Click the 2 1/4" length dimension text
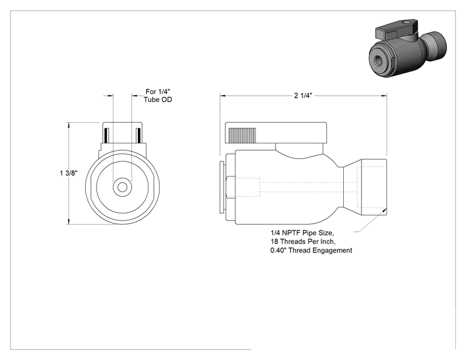point(303,95)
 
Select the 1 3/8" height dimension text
point(69,173)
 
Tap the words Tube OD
point(158,100)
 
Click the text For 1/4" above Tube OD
point(158,91)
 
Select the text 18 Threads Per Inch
point(303,241)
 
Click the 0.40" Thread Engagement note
point(311,250)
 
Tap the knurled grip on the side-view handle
point(242,135)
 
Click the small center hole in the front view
point(122,187)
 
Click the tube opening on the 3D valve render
point(379,60)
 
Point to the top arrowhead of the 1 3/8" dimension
point(69,125)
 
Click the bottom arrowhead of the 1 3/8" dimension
point(69,221)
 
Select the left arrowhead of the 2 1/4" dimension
point(223,96)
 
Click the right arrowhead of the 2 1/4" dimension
point(384,96)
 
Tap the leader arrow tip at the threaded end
point(386,209)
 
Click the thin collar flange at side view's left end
point(222,187)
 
